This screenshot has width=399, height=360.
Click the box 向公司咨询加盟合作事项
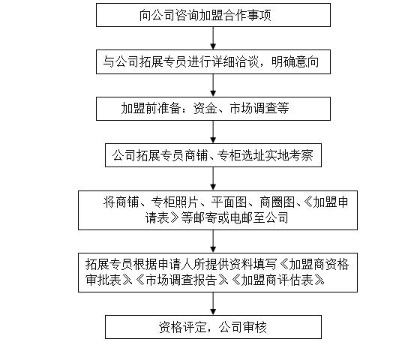pyautogui.click(x=213, y=15)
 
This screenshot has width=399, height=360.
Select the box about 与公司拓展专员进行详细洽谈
pyautogui.click(x=213, y=62)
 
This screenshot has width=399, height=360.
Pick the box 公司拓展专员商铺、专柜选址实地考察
pyautogui.click(x=213, y=156)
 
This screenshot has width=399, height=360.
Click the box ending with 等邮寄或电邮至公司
pyautogui.click(x=213, y=210)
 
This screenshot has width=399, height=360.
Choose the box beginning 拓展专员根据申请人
pyautogui.click(x=213, y=272)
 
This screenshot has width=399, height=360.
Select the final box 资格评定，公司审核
pyautogui.click(x=213, y=327)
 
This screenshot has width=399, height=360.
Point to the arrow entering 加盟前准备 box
pyautogui.click(x=213, y=85)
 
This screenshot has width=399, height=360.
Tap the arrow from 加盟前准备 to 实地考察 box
pyautogui.click(x=213, y=132)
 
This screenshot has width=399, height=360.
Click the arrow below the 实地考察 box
pyautogui.click(x=213, y=179)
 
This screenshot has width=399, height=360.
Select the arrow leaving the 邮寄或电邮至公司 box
pyautogui.click(x=213, y=241)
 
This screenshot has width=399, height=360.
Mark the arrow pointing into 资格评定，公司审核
pyautogui.click(x=213, y=303)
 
